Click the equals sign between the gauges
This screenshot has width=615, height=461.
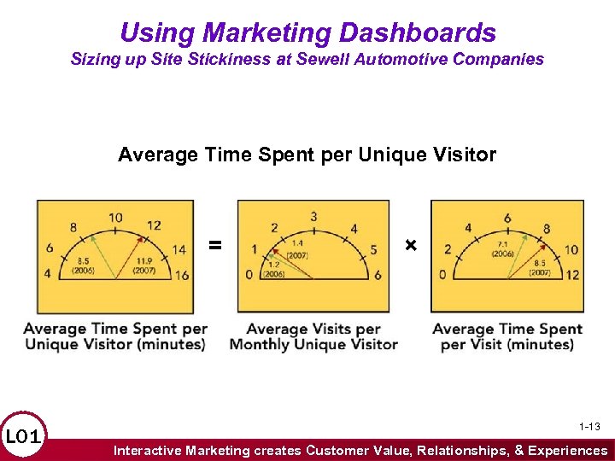click(x=215, y=246)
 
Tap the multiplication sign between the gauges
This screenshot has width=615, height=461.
click(x=411, y=246)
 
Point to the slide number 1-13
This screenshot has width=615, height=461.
click(x=589, y=426)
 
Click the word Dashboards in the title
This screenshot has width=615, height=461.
click(x=418, y=33)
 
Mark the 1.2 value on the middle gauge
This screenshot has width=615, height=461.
click(x=273, y=265)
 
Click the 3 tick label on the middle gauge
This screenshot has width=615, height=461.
click(x=314, y=216)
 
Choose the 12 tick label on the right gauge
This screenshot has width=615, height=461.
click(x=571, y=275)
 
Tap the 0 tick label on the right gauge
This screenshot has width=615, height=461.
click(x=442, y=275)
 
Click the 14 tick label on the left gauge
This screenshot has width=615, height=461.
click(x=178, y=249)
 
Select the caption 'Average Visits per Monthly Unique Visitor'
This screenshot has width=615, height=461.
click(x=313, y=336)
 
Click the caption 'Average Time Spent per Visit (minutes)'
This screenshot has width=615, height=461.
click(x=507, y=336)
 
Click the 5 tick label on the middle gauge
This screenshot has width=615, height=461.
click(x=372, y=249)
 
